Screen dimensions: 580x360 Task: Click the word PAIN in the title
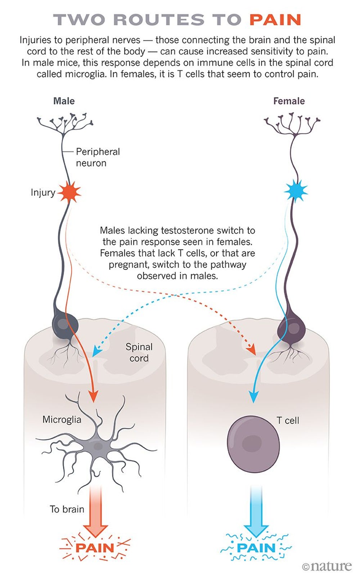pyautogui.click(x=275, y=20)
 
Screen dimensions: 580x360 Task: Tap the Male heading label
pyautogui.click(x=64, y=101)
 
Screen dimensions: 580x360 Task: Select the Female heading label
pyautogui.click(x=289, y=101)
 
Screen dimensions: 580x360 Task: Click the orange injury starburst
pyautogui.click(x=69, y=192)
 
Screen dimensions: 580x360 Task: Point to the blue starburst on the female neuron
pyautogui.click(x=296, y=191)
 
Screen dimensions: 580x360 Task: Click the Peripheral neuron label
pyautogui.click(x=98, y=157)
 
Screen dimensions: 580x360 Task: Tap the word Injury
pyautogui.click(x=43, y=193)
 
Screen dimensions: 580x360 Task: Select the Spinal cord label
pyautogui.click(x=139, y=352)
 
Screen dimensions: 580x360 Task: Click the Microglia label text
pyautogui.click(x=62, y=419)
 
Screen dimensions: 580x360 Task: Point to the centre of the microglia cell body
pyautogui.click(x=97, y=447)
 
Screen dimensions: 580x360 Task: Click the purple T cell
pyautogui.click(x=253, y=444)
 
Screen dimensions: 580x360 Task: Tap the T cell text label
pyautogui.click(x=288, y=421)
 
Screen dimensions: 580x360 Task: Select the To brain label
pyautogui.click(x=67, y=509)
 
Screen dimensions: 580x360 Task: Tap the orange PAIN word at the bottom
pyautogui.click(x=95, y=548)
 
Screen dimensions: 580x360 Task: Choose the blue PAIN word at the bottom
pyautogui.click(x=256, y=548)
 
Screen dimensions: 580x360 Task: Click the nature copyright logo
pyautogui.click(x=327, y=566)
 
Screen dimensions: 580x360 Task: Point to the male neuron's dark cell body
pyautogui.click(x=64, y=324)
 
